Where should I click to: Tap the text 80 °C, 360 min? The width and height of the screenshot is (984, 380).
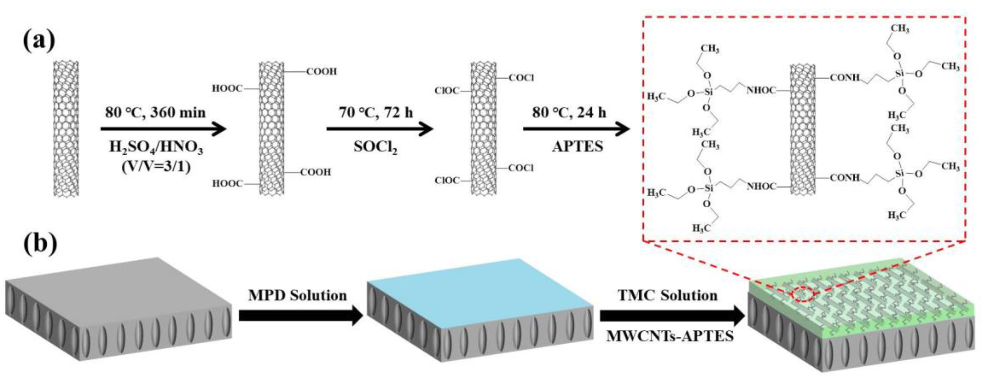pyautogui.click(x=155, y=113)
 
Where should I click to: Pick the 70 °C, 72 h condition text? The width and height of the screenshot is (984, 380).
pyautogui.click(x=376, y=113)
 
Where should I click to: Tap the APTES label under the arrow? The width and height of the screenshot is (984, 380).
pyautogui.click(x=577, y=146)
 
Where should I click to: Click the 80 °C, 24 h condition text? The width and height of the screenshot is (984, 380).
pyautogui.click(x=569, y=113)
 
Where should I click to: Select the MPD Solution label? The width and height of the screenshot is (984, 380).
pyautogui.click(x=298, y=295)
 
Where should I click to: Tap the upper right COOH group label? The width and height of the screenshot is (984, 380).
pyautogui.click(x=322, y=71)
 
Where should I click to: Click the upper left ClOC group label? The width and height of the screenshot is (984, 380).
pyautogui.click(x=447, y=91)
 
